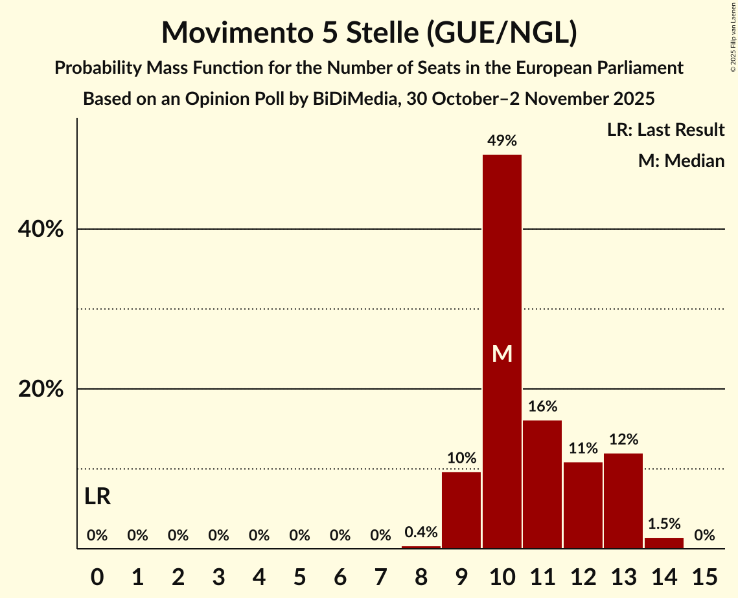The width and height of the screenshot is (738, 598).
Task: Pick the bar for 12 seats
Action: coord(582,505)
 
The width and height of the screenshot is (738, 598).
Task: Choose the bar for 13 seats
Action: coord(623,501)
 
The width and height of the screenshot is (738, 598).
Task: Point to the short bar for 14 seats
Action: coord(663,543)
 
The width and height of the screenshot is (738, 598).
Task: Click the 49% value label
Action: coord(502,140)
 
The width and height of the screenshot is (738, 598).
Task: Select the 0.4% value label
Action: coord(421,533)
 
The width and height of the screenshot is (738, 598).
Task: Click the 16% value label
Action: coord(542,406)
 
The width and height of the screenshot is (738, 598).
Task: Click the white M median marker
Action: coord(502,353)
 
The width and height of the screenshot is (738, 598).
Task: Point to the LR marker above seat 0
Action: coord(97,497)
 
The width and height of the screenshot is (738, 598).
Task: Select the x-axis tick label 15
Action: coord(704,574)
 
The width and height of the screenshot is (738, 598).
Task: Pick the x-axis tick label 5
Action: coord(299,574)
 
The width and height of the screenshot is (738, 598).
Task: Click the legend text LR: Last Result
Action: coord(665,130)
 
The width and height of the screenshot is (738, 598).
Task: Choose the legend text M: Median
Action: coord(681,161)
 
